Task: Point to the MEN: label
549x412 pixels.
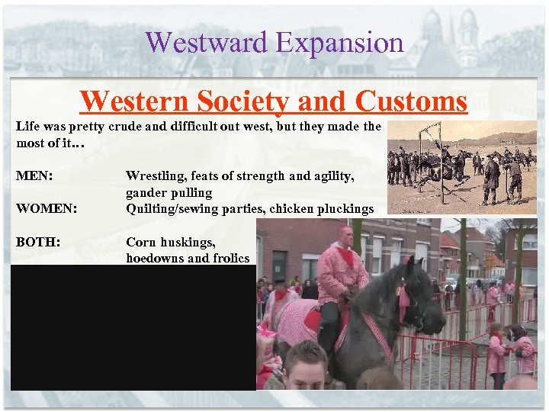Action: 34,176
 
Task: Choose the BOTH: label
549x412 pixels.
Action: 39,242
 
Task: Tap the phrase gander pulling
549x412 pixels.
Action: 169,192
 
